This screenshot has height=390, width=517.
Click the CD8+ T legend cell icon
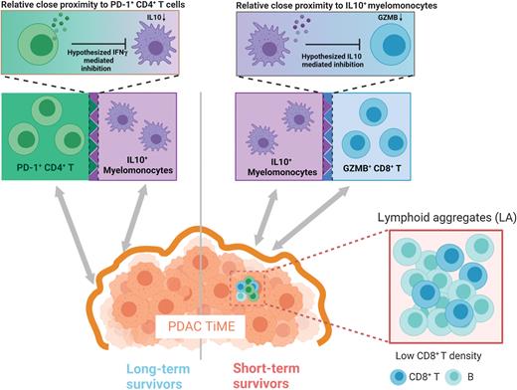click(x=395, y=377)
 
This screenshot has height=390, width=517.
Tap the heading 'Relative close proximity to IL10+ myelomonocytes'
click(x=359, y=8)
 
